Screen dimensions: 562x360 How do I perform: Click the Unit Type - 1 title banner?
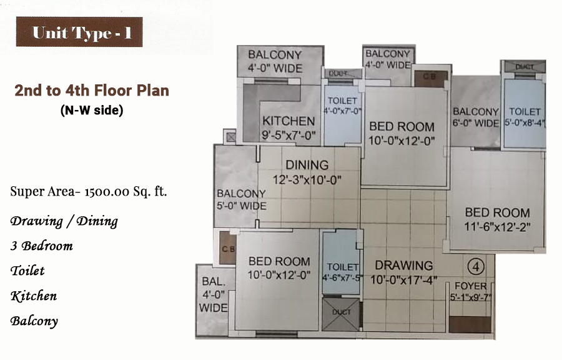pyautogui.click(x=79, y=32)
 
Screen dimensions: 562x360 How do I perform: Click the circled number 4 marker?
pyautogui.click(x=476, y=267)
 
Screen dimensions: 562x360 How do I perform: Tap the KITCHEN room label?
pyautogui.click(x=288, y=121)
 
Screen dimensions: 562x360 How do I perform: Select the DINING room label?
pyautogui.click(x=307, y=165)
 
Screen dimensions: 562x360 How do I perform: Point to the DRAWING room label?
pyautogui.click(x=404, y=266)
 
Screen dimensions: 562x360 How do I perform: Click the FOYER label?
pyautogui.click(x=471, y=286)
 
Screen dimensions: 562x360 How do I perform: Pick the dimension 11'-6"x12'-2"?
pyautogui.click(x=497, y=227)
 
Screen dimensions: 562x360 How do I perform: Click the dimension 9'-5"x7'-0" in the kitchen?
pyautogui.click(x=288, y=135)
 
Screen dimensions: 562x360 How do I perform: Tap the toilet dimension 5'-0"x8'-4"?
pyautogui.click(x=525, y=122)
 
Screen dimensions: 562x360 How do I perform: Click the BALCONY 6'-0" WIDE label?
pyautogui.click(x=476, y=117)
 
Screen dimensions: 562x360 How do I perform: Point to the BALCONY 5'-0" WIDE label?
pyautogui.click(x=241, y=200)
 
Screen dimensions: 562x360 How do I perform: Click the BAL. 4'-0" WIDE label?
pyautogui.click(x=214, y=295)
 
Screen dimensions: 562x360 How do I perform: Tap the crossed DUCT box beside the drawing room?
pyautogui.click(x=341, y=314)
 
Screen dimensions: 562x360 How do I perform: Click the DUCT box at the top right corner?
pyautogui.click(x=525, y=66)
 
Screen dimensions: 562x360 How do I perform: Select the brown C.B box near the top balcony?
pyautogui.click(x=431, y=79)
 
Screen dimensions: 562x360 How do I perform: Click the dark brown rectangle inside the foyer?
pyautogui.click(x=470, y=324)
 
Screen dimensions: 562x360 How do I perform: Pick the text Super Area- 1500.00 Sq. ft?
pyautogui.click(x=89, y=191)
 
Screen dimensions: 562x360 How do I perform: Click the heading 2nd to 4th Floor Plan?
pyautogui.click(x=92, y=91)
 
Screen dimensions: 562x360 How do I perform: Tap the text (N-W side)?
pyautogui.click(x=92, y=110)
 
